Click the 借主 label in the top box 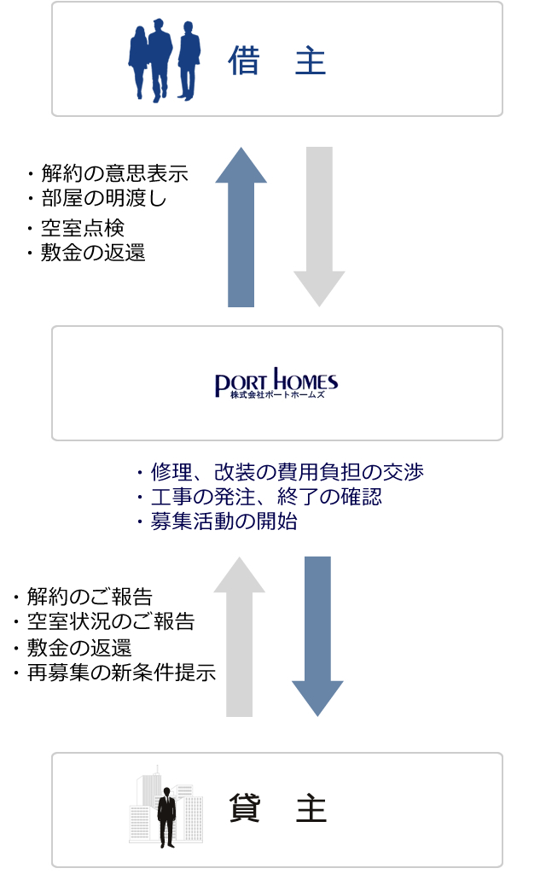pos(277,61)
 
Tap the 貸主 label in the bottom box pos(277,809)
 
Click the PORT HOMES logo pos(276,383)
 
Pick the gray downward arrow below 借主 pos(319,226)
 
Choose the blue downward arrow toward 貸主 pos(317,636)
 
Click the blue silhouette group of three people pos(165,59)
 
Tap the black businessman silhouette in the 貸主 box pos(167,811)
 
